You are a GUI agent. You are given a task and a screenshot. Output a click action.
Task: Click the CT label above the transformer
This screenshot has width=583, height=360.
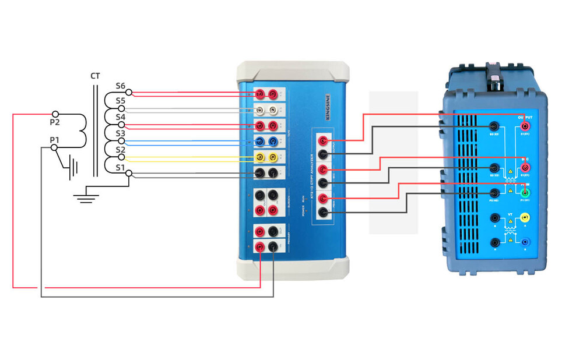[x=95, y=76]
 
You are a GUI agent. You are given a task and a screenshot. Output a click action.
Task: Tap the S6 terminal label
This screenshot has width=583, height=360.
[x=120, y=86]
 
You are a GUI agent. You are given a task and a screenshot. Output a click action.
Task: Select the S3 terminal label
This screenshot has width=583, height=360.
[x=120, y=133]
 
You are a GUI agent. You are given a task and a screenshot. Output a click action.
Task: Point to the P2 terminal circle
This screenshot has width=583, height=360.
[x=55, y=114]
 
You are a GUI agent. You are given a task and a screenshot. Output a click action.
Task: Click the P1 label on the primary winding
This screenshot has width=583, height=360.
[x=54, y=140]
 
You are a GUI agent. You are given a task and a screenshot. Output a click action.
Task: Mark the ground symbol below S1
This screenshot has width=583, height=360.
[x=86, y=196]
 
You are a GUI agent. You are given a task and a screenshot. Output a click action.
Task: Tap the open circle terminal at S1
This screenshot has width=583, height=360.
[x=129, y=173]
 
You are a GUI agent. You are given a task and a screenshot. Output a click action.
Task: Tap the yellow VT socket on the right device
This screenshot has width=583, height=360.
[x=525, y=218]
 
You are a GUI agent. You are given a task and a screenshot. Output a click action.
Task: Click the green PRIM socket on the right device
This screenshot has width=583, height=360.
[x=525, y=193]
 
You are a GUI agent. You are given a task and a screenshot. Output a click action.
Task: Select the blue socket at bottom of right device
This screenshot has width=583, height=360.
[x=525, y=242]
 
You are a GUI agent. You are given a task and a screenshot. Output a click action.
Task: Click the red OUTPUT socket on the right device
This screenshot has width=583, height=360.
[x=525, y=126]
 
